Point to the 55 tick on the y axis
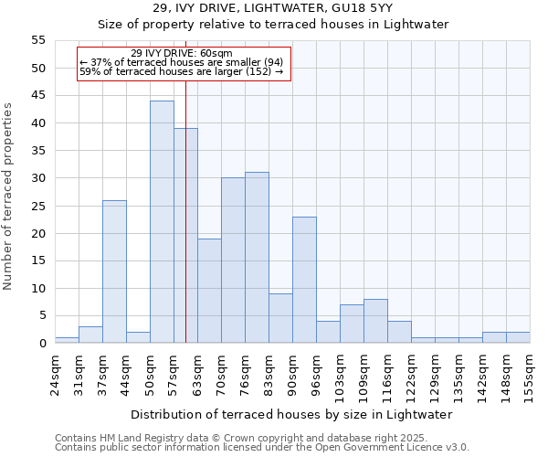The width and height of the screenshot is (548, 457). tap(37, 40)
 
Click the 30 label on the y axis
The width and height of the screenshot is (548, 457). tap(37, 178)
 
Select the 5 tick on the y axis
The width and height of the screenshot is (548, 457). tap(41, 315)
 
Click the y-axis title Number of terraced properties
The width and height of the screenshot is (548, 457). tap(9, 196)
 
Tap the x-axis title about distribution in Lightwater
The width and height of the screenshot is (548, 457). tap(291, 414)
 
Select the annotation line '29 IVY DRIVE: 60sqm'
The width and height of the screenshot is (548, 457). tap(182, 53)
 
